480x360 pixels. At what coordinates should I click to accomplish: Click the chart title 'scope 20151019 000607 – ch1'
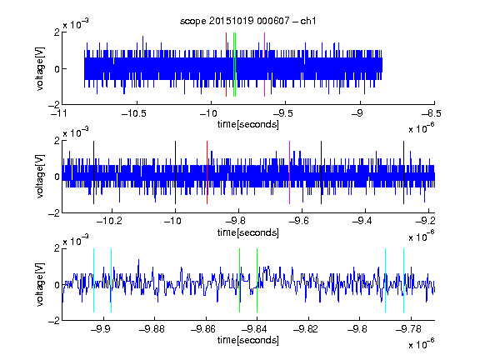(247, 21)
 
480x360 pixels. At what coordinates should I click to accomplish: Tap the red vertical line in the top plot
(226, 65)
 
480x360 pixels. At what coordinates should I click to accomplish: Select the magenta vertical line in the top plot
(264, 65)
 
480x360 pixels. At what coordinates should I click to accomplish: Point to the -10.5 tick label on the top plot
(134, 114)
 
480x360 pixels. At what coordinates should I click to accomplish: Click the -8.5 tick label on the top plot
(431, 114)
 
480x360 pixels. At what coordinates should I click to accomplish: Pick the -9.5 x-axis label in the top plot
(282, 114)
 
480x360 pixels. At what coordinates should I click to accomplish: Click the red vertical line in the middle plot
(207, 172)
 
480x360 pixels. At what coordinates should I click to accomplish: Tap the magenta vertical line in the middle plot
(290, 172)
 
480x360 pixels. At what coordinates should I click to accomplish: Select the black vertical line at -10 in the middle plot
(175, 172)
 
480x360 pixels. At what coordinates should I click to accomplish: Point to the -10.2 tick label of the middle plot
(109, 221)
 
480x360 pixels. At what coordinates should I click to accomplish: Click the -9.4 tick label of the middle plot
(362, 221)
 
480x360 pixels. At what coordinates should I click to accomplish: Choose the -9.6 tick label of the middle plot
(299, 221)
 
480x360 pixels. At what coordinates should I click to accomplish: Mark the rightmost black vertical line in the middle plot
(404, 172)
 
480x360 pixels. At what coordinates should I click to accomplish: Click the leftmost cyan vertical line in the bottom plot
(93, 280)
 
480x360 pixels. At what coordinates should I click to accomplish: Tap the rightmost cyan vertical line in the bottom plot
(404, 280)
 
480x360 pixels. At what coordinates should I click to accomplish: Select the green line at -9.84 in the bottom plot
(257, 280)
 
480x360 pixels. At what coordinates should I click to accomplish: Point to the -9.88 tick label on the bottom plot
(152, 329)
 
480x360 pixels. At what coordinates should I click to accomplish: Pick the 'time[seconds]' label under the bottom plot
(248, 340)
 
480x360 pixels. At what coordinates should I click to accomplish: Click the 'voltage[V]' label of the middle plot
(40, 177)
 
